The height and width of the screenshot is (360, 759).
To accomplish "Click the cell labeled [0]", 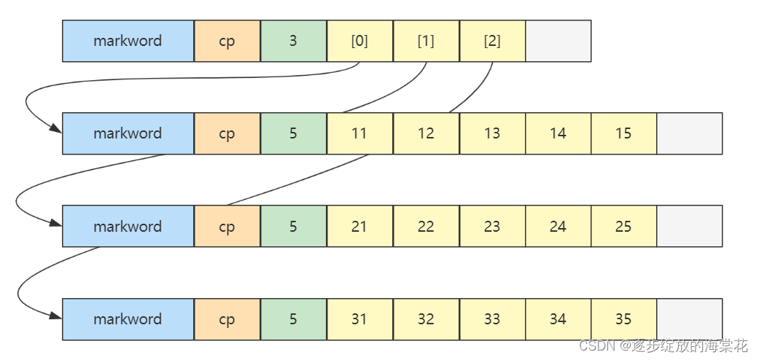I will tap(359, 41).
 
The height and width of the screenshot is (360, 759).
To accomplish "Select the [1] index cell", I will tap(426, 41).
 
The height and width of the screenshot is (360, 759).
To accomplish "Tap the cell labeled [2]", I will tap(492, 41).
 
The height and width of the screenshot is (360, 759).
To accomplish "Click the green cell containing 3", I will tap(293, 41).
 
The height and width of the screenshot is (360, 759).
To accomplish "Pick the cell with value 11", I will tap(359, 133).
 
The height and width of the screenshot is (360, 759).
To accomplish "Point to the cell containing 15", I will tap(623, 133).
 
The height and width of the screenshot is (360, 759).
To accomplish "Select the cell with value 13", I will tap(492, 133).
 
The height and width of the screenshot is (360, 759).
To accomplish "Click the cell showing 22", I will tap(426, 227).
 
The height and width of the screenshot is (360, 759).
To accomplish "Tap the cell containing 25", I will tap(623, 227).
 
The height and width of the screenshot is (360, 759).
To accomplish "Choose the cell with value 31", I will tap(359, 319).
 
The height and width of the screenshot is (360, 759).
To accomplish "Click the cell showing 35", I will tap(623, 319).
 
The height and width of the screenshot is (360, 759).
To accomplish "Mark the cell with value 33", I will tap(492, 319).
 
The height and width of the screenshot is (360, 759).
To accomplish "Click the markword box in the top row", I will tap(128, 41).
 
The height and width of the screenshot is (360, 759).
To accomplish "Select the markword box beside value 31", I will tap(128, 319).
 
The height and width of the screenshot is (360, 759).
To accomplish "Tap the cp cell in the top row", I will tap(227, 41).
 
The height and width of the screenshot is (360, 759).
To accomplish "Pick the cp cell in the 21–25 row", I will tap(227, 227).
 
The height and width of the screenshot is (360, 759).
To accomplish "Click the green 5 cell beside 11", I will tap(293, 133).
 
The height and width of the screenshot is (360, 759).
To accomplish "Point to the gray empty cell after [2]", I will tap(558, 41).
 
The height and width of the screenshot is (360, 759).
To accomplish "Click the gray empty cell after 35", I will tap(689, 319).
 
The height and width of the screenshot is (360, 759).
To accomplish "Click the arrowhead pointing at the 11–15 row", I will tap(56, 130).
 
